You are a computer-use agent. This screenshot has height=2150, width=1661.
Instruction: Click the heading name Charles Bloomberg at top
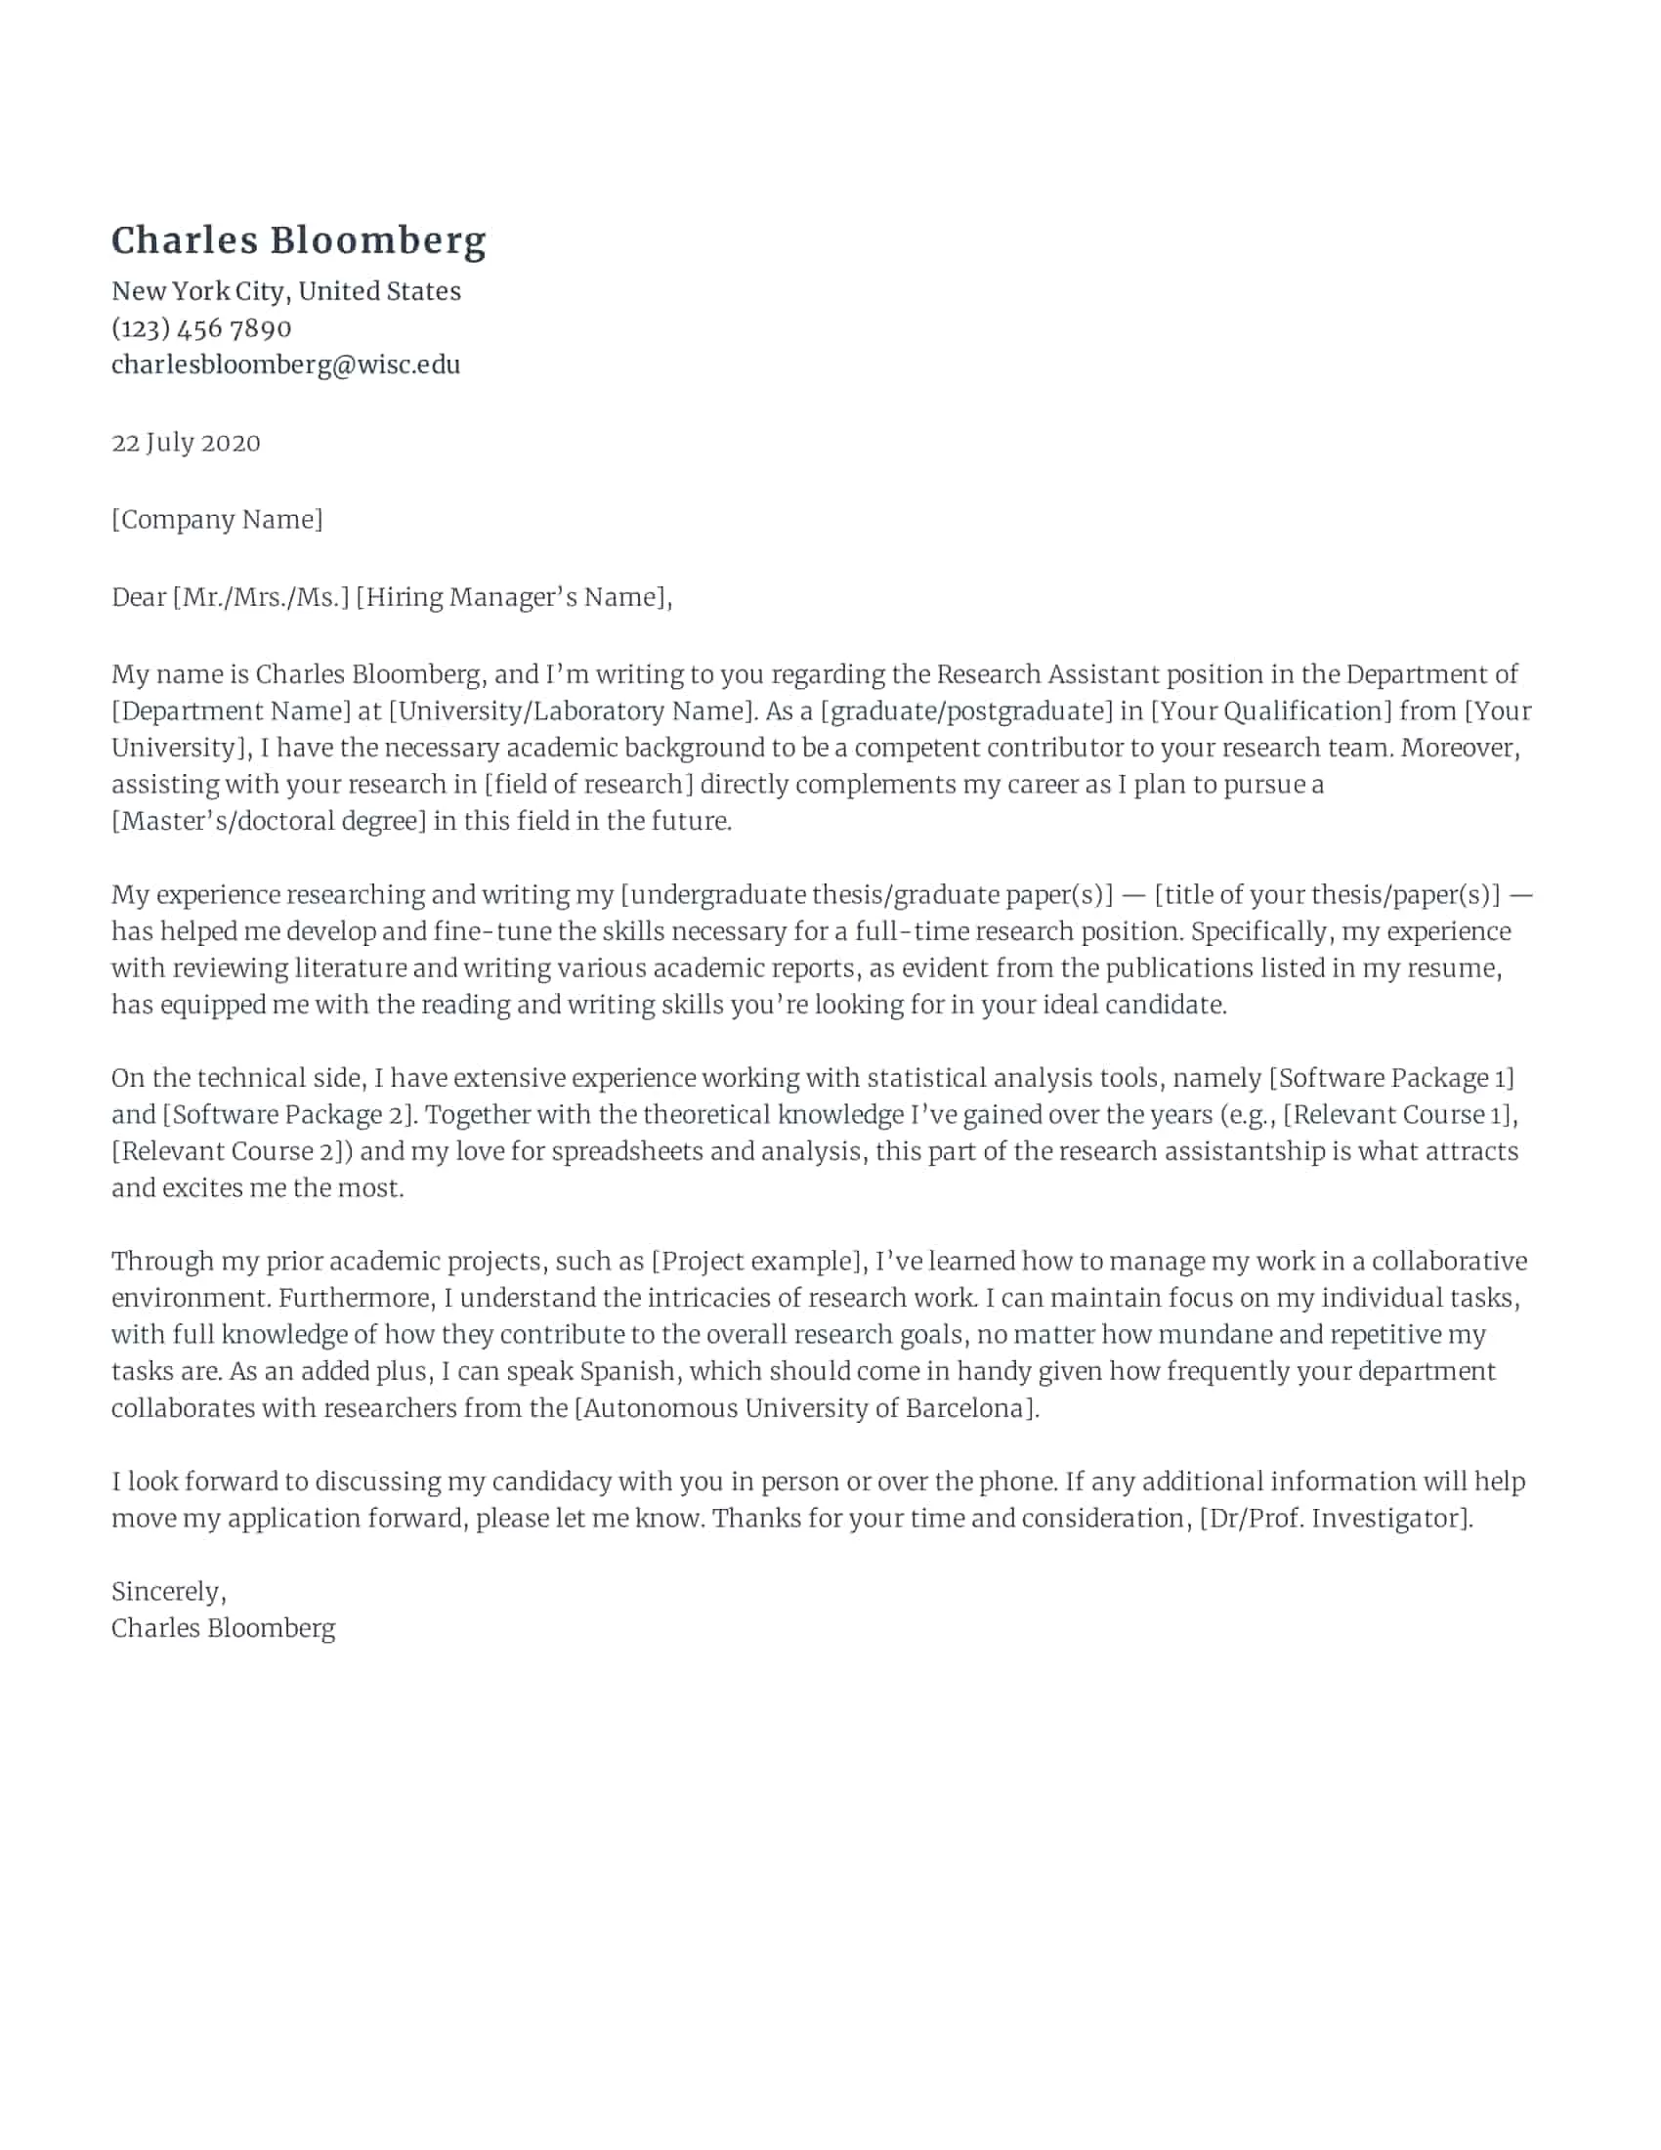point(298,241)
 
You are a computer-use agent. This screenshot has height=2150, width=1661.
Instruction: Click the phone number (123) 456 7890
point(200,327)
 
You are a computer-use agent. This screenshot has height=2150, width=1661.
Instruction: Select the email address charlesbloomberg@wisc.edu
point(285,365)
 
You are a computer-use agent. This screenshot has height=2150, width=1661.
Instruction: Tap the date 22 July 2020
point(186,443)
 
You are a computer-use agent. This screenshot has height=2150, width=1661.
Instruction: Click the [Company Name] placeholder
point(217,520)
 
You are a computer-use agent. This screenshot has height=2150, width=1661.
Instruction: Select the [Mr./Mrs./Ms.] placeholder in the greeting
point(261,597)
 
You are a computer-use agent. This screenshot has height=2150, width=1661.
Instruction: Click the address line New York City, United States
point(285,291)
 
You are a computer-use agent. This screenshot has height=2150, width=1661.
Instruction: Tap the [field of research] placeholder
point(588,785)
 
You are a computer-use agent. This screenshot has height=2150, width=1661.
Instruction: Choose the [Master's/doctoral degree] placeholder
point(269,821)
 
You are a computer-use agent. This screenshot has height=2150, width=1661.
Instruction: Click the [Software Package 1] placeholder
point(1390,1078)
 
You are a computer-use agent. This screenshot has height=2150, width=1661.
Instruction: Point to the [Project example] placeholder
point(756,1261)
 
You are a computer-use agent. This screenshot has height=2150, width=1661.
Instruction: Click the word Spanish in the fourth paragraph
point(628,1371)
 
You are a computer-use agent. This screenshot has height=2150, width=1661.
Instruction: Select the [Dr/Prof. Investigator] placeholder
point(1335,1518)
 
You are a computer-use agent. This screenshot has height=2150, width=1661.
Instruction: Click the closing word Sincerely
point(167,1592)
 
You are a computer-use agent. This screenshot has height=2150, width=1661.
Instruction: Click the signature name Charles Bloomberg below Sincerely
point(223,1628)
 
